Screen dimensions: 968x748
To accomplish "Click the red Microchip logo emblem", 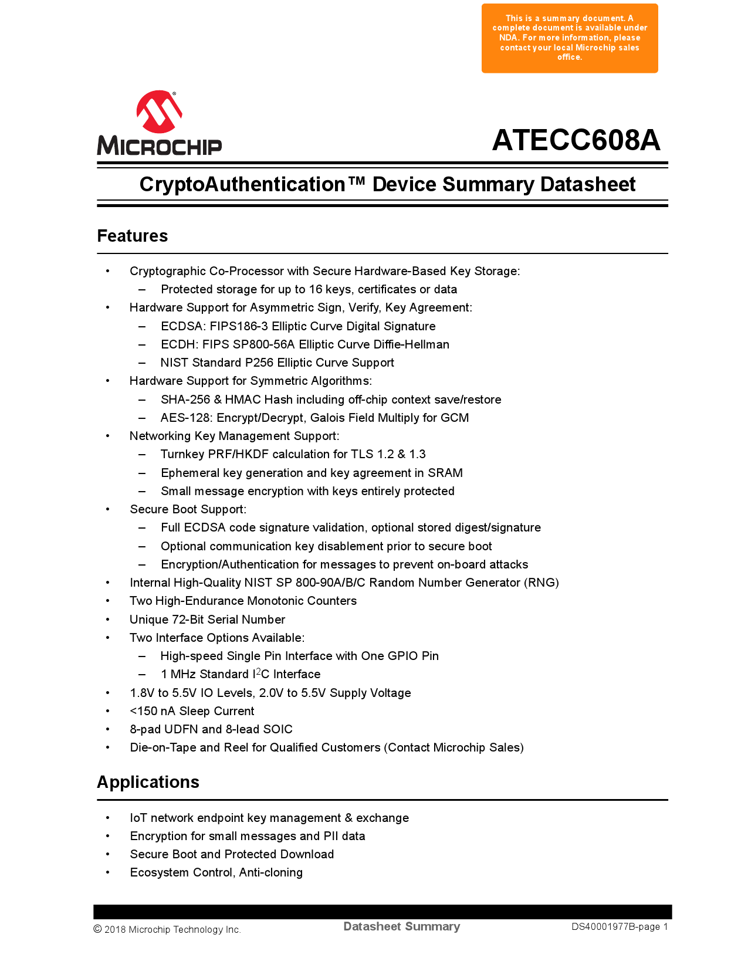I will (x=159, y=111).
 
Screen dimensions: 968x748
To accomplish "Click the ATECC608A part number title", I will (x=576, y=140).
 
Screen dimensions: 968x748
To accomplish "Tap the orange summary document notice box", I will (x=570, y=38).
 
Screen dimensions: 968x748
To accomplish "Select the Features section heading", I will (x=133, y=236).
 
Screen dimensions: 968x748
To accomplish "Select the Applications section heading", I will (x=148, y=782).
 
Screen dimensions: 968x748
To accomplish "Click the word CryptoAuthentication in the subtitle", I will (x=242, y=184).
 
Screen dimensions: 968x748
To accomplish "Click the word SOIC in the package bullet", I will (x=277, y=729).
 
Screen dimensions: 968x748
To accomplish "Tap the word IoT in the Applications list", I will (x=138, y=818).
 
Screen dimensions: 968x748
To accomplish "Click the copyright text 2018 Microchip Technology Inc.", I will (x=172, y=929).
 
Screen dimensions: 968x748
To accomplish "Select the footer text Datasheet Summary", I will (x=401, y=926).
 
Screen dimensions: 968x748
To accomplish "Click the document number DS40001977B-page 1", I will (x=620, y=927).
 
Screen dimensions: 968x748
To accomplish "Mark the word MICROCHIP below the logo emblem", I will (x=159, y=145).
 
